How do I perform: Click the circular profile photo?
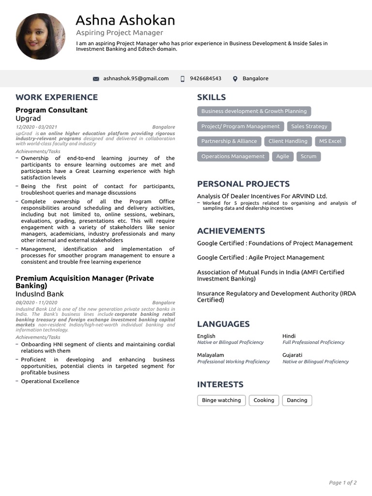[x=41, y=36]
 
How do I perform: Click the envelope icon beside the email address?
[x=96, y=79]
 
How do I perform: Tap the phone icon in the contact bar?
[x=183, y=79]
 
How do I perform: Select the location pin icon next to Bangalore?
[x=235, y=79]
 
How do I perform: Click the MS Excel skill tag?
[x=330, y=141]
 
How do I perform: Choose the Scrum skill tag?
[x=309, y=156]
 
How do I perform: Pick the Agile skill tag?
[x=282, y=156]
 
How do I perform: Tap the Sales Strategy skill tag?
[x=309, y=126]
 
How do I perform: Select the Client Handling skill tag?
[x=288, y=141]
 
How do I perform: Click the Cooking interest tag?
[x=263, y=400]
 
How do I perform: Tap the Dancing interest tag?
[x=297, y=400]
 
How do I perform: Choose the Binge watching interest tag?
[x=221, y=400]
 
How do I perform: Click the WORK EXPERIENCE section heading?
[x=57, y=97]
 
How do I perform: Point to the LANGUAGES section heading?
[x=223, y=324]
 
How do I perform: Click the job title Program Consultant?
[x=51, y=110]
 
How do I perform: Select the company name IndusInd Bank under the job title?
[x=40, y=294]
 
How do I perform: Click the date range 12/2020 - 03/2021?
[x=36, y=127]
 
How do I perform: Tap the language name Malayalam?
[x=211, y=355]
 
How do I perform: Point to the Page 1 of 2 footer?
[x=343, y=482]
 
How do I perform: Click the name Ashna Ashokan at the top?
[x=125, y=20]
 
